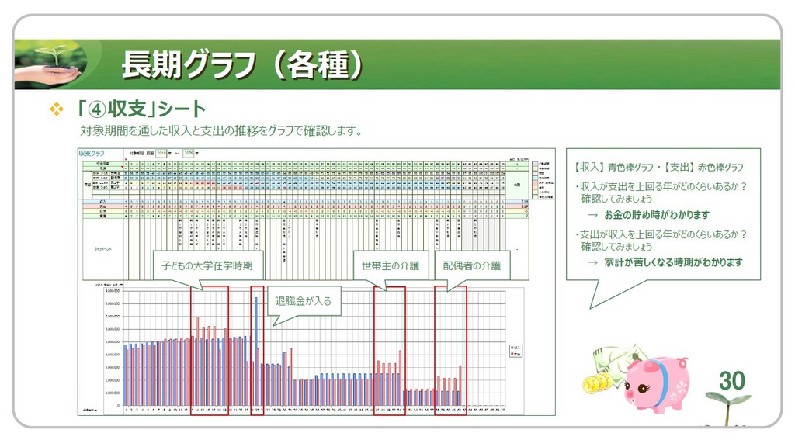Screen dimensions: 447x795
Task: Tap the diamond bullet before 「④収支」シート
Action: coord(56,109)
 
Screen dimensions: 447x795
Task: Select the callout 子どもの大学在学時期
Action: coord(207,265)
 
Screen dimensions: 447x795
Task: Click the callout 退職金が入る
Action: coord(303,300)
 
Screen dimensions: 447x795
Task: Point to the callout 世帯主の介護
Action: coord(390,265)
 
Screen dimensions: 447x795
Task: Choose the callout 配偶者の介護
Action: coord(472,265)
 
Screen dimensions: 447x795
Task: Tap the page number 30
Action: coord(731,380)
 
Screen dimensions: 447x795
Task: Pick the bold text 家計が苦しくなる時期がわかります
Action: coord(673,262)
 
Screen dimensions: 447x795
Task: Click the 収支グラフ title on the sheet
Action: coord(92,154)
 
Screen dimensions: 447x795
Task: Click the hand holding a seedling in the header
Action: coord(48,65)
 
